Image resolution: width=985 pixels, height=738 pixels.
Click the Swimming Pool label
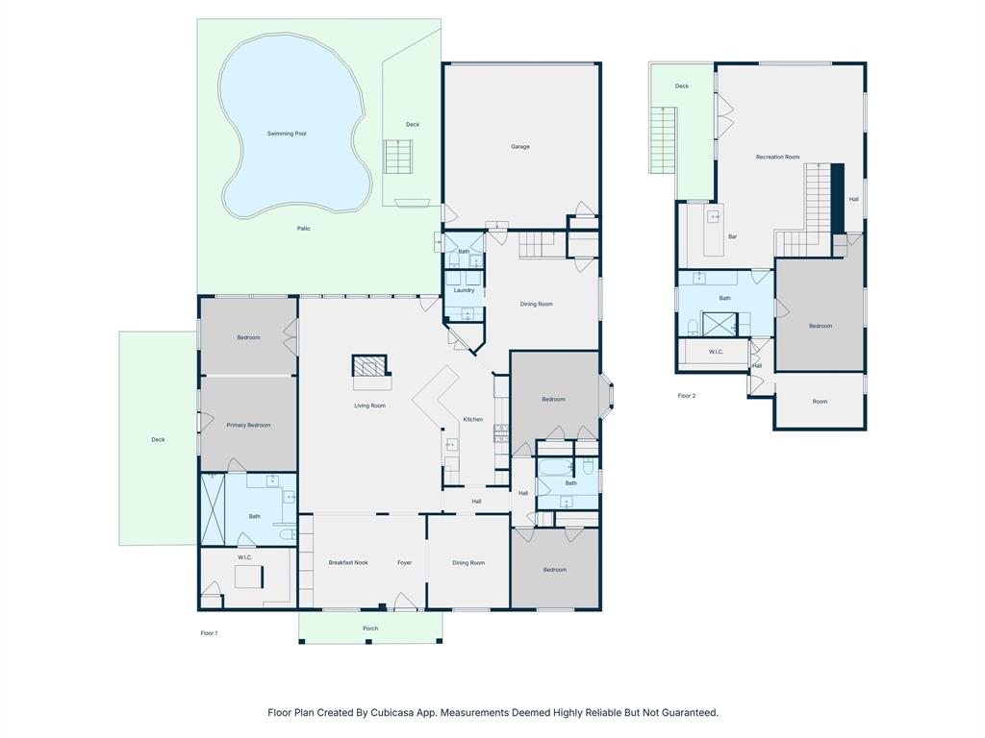pyautogui.click(x=287, y=134)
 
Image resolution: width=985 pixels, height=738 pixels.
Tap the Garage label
pyautogui.click(x=520, y=147)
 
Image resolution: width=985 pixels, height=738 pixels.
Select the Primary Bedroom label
pyautogui.click(x=248, y=425)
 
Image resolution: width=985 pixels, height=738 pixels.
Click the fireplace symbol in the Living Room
pyautogui.click(x=369, y=366)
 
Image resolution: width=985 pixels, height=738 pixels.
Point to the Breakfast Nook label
pyautogui.click(x=348, y=563)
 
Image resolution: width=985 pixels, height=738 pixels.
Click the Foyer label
pyautogui.click(x=405, y=563)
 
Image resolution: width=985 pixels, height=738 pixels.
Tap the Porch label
pyautogui.click(x=370, y=628)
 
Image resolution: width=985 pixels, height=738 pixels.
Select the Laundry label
pyautogui.click(x=465, y=290)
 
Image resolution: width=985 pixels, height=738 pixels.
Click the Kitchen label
pyautogui.click(x=473, y=419)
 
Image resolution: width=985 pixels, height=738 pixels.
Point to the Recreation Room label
pyautogui.click(x=777, y=157)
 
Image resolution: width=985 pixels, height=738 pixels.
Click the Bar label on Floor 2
pyautogui.click(x=732, y=236)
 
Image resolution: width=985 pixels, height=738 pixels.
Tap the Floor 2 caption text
pyautogui.click(x=686, y=396)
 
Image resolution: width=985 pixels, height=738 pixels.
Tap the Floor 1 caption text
pyautogui.click(x=209, y=633)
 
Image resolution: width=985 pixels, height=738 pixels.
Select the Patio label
pyautogui.click(x=303, y=229)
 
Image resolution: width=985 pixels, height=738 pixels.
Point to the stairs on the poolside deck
pyautogui.click(x=399, y=157)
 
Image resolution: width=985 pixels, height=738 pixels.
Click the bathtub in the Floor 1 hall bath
pyautogui.click(x=554, y=468)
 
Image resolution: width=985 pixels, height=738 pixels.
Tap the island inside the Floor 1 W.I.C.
pyautogui.click(x=249, y=577)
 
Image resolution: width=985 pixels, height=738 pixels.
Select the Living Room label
pyautogui.click(x=369, y=406)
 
